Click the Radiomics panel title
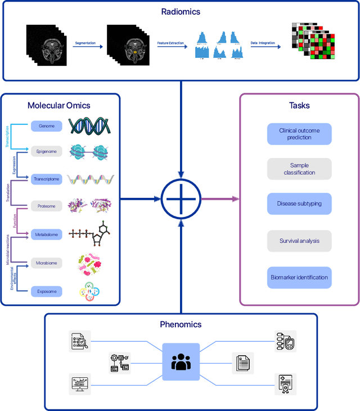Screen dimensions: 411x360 pyautogui.click(x=180, y=11)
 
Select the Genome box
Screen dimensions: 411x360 pyautogui.click(x=47, y=126)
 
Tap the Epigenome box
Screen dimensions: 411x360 pyautogui.click(x=47, y=151)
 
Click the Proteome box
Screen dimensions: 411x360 pyautogui.click(x=47, y=206)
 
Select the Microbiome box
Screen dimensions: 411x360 pyautogui.click(x=47, y=263)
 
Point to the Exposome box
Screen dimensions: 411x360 pyautogui.click(x=47, y=291)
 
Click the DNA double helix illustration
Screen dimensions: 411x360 pyautogui.click(x=91, y=125)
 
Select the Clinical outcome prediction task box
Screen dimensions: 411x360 pyautogui.click(x=299, y=134)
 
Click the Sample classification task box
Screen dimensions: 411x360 pyautogui.click(x=299, y=169)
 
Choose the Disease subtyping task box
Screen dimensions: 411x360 pyautogui.click(x=299, y=204)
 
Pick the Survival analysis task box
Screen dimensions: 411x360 pyautogui.click(x=299, y=241)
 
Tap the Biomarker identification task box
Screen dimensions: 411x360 pyautogui.click(x=299, y=277)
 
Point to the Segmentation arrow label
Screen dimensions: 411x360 pyautogui.click(x=85, y=43)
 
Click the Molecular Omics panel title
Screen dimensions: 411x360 pyautogui.click(x=58, y=106)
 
